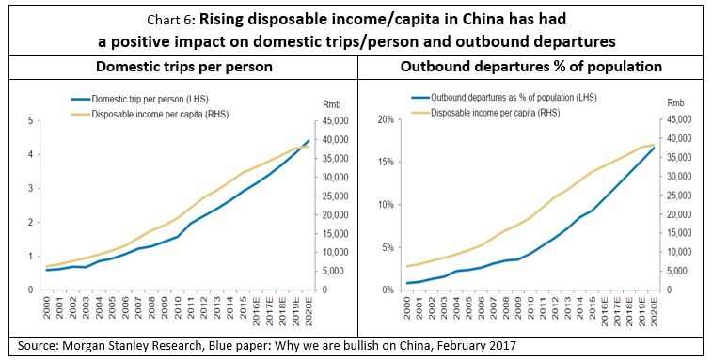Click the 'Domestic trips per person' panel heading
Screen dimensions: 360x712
click(x=178, y=68)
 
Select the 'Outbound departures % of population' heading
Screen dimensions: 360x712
click(x=532, y=68)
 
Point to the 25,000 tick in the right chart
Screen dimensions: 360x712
click(x=684, y=196)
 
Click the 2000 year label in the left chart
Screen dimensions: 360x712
click(x=47, y=305)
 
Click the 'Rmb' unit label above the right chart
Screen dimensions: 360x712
click(x=677, y=103)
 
